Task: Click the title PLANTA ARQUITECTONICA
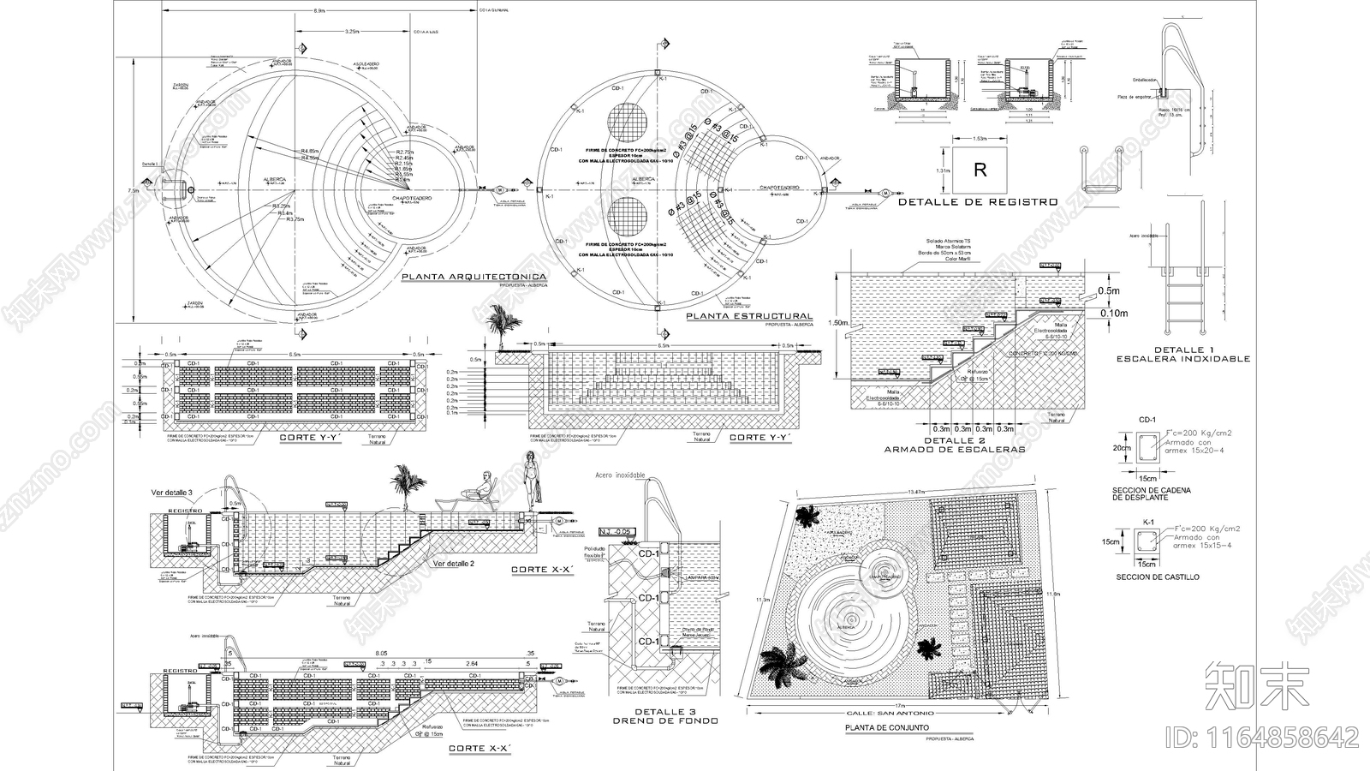(x=474, y=278)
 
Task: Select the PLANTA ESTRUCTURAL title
(x=749, y=316)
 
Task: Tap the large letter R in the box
(x=980, y=170)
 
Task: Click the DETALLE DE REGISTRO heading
(x=978, y=202)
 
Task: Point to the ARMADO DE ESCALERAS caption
(x=954, y=449)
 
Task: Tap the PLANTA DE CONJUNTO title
(x=886, y=727)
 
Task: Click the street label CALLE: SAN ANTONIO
(x=891, y=713)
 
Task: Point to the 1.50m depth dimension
(x=840, y=324)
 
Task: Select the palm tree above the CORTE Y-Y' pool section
(x=499, y=328)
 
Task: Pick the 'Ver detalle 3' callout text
(x=173, y=493)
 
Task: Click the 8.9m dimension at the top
(x=319, y=10)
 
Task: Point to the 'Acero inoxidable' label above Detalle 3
(x=620, y=475)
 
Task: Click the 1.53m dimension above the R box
(x=980, y=138)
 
